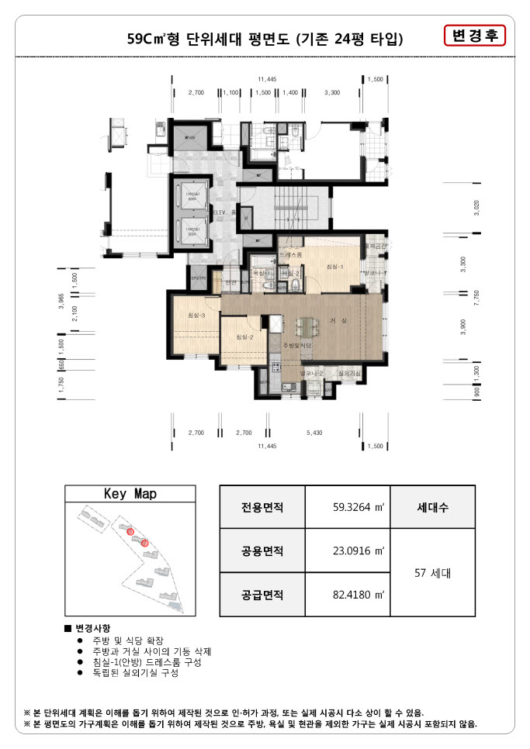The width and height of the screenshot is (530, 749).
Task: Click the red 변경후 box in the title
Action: tap(474, 36)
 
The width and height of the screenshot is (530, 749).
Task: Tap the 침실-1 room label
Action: tap(334, 266)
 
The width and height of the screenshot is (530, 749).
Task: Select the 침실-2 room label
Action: tap(245, 337)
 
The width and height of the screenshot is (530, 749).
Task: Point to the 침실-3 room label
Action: tap(196, 315)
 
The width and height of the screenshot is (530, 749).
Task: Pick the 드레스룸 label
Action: tap(290, 254)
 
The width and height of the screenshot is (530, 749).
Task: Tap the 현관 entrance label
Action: tap(230, 283)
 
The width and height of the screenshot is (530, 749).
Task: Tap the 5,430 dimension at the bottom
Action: tap(315, 433)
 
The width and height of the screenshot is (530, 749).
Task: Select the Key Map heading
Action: tap(130, 494)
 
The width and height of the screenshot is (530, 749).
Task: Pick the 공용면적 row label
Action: tap(262, 551)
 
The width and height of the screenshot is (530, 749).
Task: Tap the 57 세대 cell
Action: tap(432, 574)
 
